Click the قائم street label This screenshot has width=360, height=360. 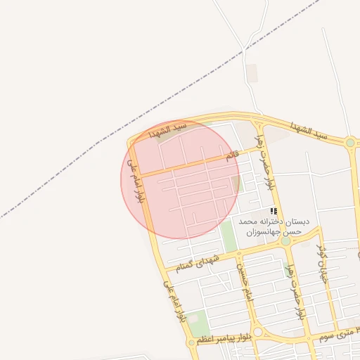(x=231, y=156)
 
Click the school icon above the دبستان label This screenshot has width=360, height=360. (x=274, y=211)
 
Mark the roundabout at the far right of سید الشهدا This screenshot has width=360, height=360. (x=349, y=143)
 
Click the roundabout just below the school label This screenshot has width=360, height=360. (x=285, y=241)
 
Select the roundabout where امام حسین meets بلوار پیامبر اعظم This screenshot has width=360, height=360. (x=257, y=332)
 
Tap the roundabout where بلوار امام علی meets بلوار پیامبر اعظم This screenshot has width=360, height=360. (x=191, y=343)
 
